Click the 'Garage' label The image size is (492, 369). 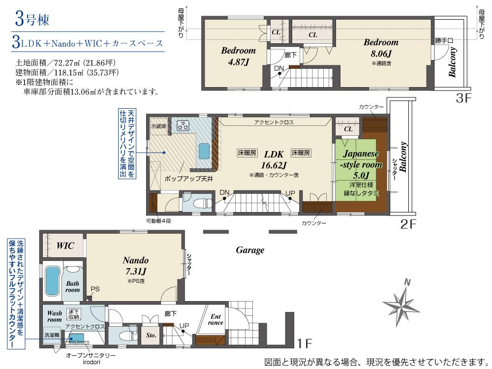click(x=250, y=250)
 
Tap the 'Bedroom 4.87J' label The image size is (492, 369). click(x=238, y=56)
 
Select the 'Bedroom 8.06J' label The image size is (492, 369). click(x=381, y=48)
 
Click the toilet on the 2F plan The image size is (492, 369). click(x=200, y=202)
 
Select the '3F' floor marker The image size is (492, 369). click(x=463, y=98)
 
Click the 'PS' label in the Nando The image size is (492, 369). click(x=95, y=289)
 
